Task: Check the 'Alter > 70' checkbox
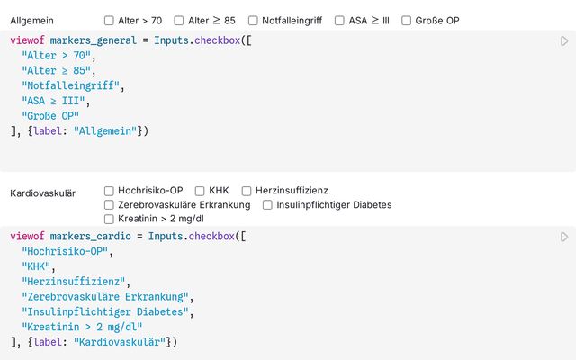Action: tap(109, 20)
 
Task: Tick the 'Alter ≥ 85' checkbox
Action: tap(180, 20)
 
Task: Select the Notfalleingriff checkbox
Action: tap(253, 20)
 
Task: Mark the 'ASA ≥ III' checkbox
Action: tap(339, 20)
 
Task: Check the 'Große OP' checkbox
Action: tap(406, 20)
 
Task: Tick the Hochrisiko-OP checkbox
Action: tap(109, 191)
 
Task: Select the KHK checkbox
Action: tap(200, 191)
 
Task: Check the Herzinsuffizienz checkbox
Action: tap(247, 191)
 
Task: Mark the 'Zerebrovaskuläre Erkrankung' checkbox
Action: tap(109, 205)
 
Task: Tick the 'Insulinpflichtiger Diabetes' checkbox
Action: tap(267, 205)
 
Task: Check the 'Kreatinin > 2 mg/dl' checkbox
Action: tap(109, 219)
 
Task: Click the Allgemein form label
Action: tap(31, 20)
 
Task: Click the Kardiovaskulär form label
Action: tap(42, 193)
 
